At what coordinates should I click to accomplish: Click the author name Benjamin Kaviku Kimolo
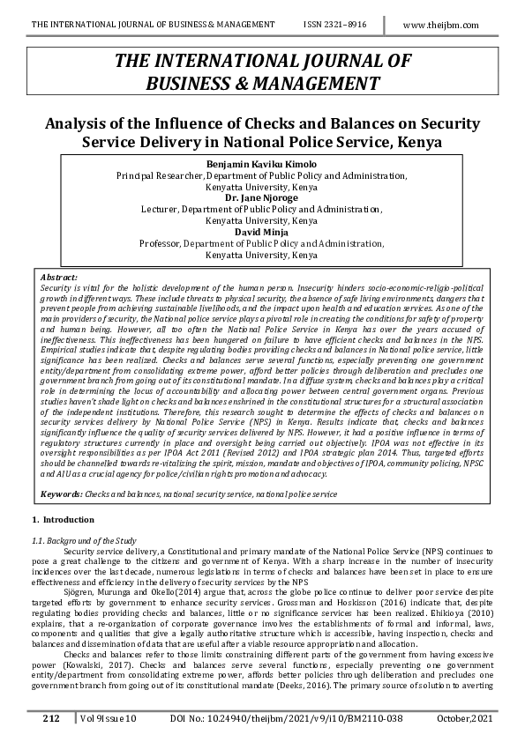point(261,165)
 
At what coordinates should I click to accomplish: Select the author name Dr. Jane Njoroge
point(261,198)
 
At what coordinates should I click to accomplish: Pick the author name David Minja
point(261,232)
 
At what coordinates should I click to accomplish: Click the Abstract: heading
point(59,278)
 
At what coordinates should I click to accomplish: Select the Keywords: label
point(63,495)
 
